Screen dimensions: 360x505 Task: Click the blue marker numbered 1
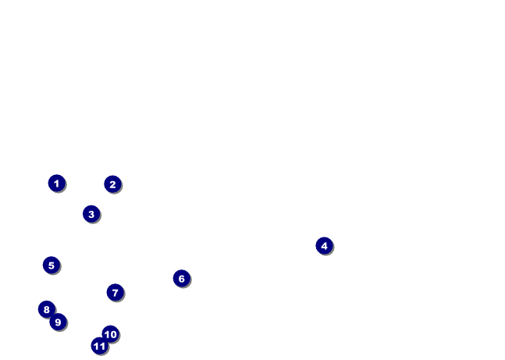[x=56, y=184]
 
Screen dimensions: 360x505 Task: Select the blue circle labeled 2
[x=112, y=184]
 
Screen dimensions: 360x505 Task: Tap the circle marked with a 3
[x=91, y=214]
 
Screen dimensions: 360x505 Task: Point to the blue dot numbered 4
[x=324, y=246]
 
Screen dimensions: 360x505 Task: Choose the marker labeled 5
[x=52, y=266]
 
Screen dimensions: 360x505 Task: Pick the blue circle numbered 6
[x=181, y=279]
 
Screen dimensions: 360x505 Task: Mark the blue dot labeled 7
[x=115, y=293]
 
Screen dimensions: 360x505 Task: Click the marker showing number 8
[x=47, y=309]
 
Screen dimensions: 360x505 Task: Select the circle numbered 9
[x=58, y=322]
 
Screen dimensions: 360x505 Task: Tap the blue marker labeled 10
[x=111, y=334]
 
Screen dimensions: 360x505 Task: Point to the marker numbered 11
[x=99, y=346]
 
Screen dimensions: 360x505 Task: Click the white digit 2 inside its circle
[x=112, y=184]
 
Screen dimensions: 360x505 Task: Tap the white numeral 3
[x=91, y=214]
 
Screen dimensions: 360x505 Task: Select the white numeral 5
[x=52, y=266]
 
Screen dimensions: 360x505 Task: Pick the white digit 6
[x=181, y=279]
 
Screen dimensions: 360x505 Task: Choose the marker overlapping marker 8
[x=58, y=322]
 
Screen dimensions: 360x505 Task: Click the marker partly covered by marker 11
[x=111, y=334]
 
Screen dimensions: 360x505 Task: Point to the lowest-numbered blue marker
[x=56, y=184]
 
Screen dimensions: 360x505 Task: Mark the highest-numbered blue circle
[x=99, y=346]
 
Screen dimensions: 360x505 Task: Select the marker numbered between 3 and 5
[x=324, y=246]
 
